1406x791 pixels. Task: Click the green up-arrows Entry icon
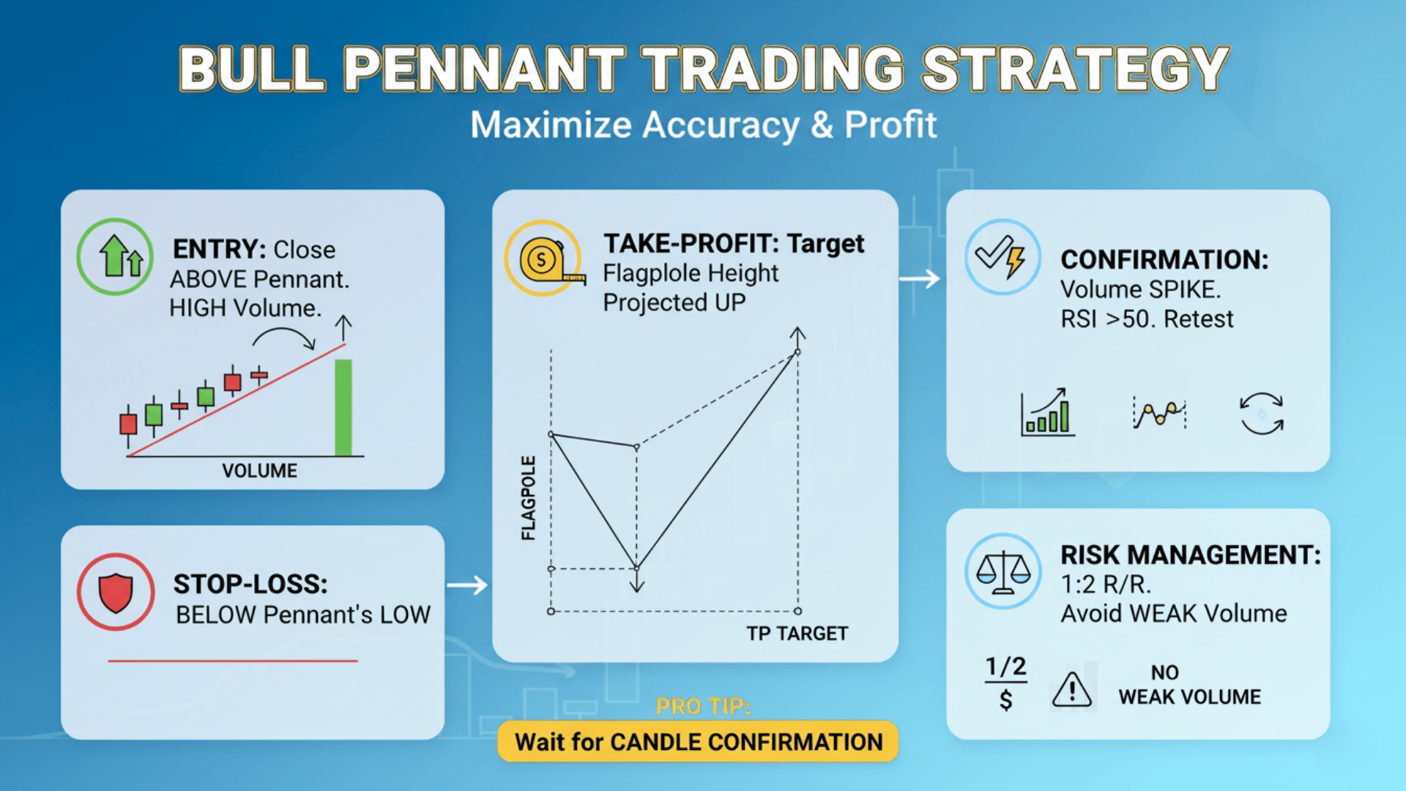(115, 256)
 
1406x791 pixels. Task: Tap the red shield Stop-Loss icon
(116, 592)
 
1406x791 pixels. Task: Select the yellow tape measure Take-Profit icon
(543, 259)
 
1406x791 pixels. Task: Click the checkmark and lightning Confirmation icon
(1003, 257)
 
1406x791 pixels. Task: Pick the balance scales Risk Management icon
(1003, 571)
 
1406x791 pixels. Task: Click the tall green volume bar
(343, 407)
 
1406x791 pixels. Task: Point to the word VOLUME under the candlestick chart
(259, 471)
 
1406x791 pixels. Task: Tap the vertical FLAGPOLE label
(528, 498)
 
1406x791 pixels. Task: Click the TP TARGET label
(797, 634)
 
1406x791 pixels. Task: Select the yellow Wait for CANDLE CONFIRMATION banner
(698, 742)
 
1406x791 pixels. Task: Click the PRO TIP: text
(703, 706)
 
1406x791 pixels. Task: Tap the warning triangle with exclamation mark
(1072, 690)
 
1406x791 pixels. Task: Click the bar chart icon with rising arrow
(1048, 413)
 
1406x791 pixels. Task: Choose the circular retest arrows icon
(1261, 414)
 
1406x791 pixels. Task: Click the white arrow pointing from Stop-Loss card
(467, 585)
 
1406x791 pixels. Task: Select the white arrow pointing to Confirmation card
(919, 278)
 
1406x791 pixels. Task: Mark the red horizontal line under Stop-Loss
(233, 661)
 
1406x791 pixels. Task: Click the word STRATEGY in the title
(1075, 70)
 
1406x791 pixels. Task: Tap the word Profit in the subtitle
(890, 125)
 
